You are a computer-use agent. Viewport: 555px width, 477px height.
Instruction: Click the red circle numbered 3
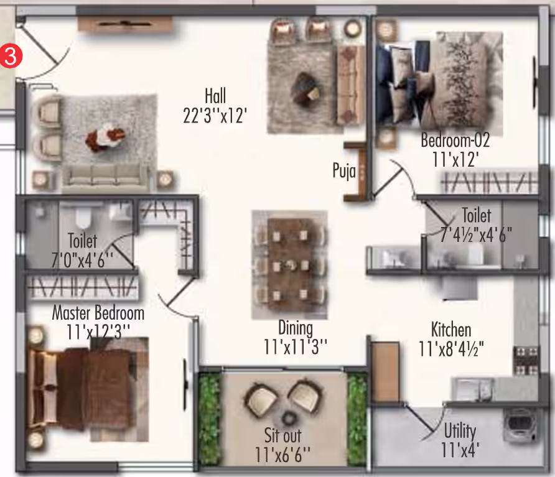click(11, 56)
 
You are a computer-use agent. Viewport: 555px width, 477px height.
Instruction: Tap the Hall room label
click(215, 96)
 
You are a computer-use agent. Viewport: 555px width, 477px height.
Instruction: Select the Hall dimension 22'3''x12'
click(215, 115)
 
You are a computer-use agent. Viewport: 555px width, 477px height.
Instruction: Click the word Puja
click(344, 171)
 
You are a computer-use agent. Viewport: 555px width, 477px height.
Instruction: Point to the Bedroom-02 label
click(455, 140)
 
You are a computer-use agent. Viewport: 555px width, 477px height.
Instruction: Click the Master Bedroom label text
click(98, 313)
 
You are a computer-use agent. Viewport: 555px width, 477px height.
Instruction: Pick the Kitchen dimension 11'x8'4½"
click(451, 349)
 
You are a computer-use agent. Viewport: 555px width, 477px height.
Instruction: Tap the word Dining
click(296, 328)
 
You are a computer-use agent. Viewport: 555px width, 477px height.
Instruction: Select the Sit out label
click(283, 435)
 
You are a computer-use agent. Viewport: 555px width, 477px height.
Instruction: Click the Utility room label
click(460, 431)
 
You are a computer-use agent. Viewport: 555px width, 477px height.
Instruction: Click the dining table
click(289, 264)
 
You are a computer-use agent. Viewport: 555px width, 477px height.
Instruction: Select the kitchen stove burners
click(526, 360)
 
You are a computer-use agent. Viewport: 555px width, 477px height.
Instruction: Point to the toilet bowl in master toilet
click(83, 218)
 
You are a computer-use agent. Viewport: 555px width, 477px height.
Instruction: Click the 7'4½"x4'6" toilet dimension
click(476, 234)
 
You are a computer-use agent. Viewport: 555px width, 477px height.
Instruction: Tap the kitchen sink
click(472, 389)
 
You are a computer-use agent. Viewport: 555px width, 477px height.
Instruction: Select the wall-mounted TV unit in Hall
click(124, 24)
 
